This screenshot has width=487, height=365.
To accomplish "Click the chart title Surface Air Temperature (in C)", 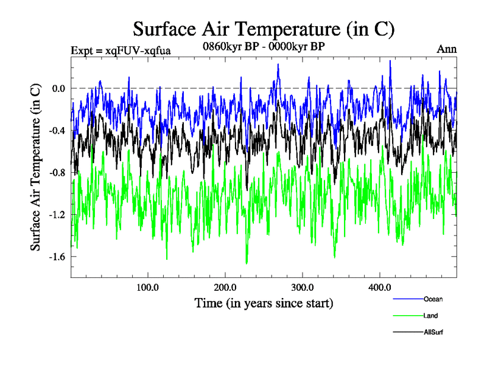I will (264, 29).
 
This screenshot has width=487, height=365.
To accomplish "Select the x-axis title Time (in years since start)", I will (264, 302).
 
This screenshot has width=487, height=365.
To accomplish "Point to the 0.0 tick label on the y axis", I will (58, 88).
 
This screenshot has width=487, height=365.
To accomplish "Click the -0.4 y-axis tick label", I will (57, 130).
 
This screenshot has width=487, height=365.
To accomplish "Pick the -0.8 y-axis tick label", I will (57, 172).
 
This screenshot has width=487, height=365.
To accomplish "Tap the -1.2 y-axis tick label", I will (57, 214).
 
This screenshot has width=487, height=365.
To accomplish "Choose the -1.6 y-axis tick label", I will (57, 256).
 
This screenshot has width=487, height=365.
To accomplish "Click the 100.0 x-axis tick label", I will (148, 287).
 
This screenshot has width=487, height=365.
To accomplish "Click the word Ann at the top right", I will (447, 49).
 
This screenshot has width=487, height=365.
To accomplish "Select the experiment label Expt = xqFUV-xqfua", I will (121, 50).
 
